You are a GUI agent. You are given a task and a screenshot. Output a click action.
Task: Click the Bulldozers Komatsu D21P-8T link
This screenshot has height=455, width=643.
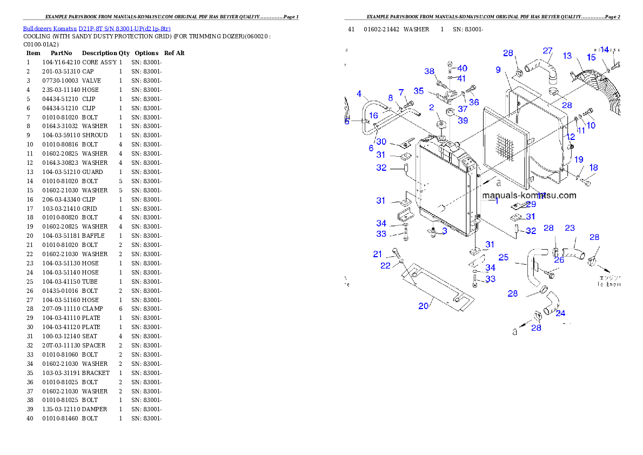tap(97, 29)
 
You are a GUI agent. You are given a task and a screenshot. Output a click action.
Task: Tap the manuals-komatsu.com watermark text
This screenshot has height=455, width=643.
tap(529, 196)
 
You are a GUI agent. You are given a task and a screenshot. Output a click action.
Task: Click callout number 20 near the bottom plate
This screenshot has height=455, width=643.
tap(424, 306)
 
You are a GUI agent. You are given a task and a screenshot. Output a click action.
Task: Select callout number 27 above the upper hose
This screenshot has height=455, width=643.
tap(548, 51)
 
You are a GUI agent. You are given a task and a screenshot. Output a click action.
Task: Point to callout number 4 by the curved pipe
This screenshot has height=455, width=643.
tap(359, 94)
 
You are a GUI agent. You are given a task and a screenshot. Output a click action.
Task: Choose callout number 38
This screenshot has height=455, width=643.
tap(430, 71)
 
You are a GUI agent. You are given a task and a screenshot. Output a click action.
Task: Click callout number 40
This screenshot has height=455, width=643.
tap(462, 68)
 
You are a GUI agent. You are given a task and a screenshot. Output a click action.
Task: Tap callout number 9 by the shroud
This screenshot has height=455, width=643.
tap(499, 70)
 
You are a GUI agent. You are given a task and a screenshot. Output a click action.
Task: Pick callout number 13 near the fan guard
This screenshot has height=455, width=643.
tap(567, 56)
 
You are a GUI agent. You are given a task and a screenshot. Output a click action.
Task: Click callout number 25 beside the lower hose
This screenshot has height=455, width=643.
tap(503, 257)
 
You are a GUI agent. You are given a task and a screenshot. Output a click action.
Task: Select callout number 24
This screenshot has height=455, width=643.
tap(560, 313)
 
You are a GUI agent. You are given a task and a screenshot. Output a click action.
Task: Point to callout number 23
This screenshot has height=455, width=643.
tap(570, 229)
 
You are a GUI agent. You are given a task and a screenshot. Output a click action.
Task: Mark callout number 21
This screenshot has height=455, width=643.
tap(378, 254)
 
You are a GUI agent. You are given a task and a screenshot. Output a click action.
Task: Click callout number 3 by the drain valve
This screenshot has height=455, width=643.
tap(444, 231)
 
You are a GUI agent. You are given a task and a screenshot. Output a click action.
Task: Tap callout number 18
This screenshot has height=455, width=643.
tap(593, 168)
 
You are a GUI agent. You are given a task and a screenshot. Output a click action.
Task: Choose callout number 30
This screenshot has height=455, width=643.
tap(381, 142)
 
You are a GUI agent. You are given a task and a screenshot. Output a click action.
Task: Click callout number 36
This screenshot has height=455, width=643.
tap(473, 102)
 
